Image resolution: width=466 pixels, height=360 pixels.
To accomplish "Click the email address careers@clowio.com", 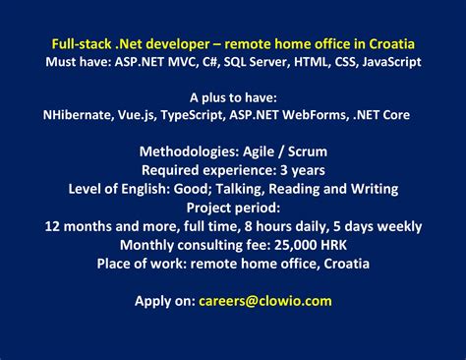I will tap(264, 301).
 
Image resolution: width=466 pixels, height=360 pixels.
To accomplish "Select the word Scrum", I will tap(307, 151).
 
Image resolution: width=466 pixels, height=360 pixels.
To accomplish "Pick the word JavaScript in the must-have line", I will tap(384, 62).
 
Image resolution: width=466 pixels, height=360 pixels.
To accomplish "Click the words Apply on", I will tap(164, 301).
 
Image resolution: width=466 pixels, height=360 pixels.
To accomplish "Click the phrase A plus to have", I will tap(233, 97).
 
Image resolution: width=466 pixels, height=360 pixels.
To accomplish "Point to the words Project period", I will tap(233, 207).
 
